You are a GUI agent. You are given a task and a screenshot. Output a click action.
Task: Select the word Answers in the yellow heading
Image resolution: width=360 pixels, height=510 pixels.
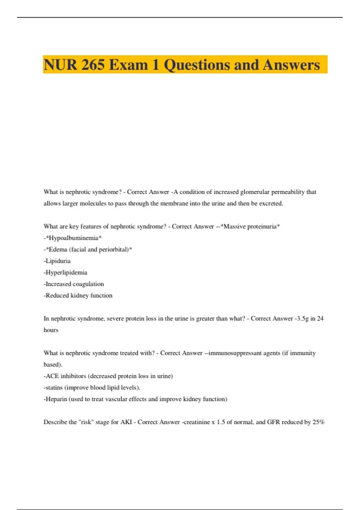coord(291,65)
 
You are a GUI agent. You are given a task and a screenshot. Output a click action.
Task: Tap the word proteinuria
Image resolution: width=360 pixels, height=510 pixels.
coord(262,226)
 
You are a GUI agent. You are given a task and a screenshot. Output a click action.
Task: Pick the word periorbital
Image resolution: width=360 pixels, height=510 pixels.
coord(114,250)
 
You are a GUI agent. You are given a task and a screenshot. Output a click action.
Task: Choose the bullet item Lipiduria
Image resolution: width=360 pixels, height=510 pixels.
coord(58,261)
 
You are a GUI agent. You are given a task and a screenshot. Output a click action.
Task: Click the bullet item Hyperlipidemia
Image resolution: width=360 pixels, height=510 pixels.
coord(66,273)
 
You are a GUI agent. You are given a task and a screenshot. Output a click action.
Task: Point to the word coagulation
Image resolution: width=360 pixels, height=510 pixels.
coord(88,284)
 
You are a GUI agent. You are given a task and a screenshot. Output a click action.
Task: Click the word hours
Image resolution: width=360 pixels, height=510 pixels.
coord(51,330)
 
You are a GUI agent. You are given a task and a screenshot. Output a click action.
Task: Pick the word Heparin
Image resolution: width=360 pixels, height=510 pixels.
coord(56,399)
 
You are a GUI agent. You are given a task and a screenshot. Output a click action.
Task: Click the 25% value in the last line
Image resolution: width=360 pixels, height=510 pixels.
coord(319,422)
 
